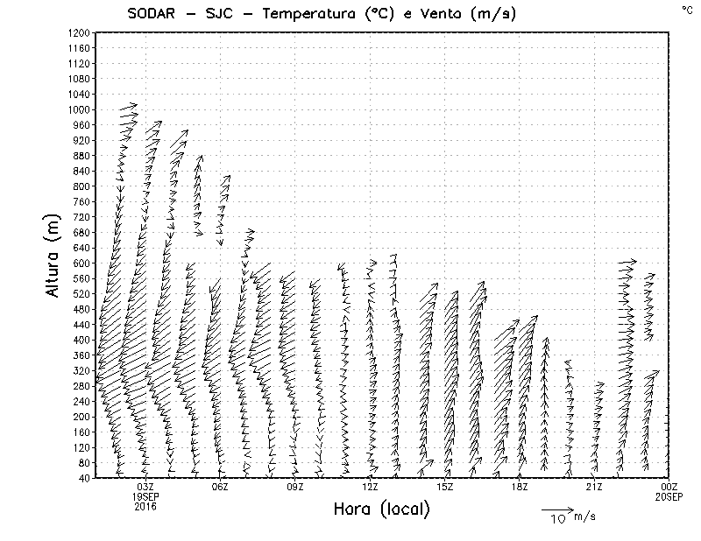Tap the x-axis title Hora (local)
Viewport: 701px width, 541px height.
[x=382, y=509]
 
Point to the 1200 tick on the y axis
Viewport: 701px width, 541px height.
[x=79, y=32]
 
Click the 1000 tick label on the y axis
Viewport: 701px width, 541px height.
[x=79, y=109]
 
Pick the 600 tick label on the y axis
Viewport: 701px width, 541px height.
[x=81, y=263]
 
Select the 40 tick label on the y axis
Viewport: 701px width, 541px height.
[x=84, y=478]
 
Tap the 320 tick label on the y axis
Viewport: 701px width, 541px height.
[x=81, y=370]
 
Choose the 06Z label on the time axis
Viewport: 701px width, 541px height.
[x=220, y=487]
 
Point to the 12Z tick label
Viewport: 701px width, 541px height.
[x=371, y=487]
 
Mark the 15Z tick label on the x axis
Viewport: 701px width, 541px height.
[x=445, y=487]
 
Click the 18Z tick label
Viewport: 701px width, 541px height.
[x=520, y=487]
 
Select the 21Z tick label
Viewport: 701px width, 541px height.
[x=595, y=487]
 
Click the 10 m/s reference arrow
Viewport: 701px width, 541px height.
[x=556, y=509]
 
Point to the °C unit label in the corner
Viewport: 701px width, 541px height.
[x=687, y=9]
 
